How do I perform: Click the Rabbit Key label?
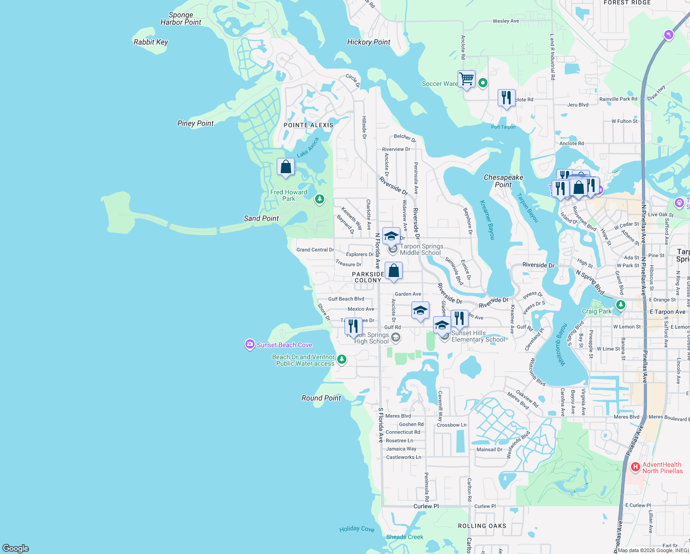(151, 42)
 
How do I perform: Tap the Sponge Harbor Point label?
(181, 18)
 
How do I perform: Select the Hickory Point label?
(369, 42)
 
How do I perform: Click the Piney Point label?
(196, 123)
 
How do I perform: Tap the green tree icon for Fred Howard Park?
(319, 199)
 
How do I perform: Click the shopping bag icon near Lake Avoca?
(286, 167)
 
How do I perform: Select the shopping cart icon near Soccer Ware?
(466, 79)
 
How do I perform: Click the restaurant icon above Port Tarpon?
(506, 98)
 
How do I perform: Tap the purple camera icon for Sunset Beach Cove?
(250, 344)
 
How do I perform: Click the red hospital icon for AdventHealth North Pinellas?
(636, 467)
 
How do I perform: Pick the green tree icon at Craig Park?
(620, 305)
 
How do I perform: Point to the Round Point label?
(321, 398)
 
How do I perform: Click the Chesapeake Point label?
(503, 181)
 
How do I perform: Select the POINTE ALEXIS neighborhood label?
(309, 125)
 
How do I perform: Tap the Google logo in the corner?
(16, 548)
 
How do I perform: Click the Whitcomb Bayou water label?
(561, 344)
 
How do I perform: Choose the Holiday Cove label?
(357, 529)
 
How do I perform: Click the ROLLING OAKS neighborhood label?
(482, 526)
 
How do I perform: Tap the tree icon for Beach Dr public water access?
(341, 359)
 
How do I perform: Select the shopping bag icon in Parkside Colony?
(393, 271)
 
